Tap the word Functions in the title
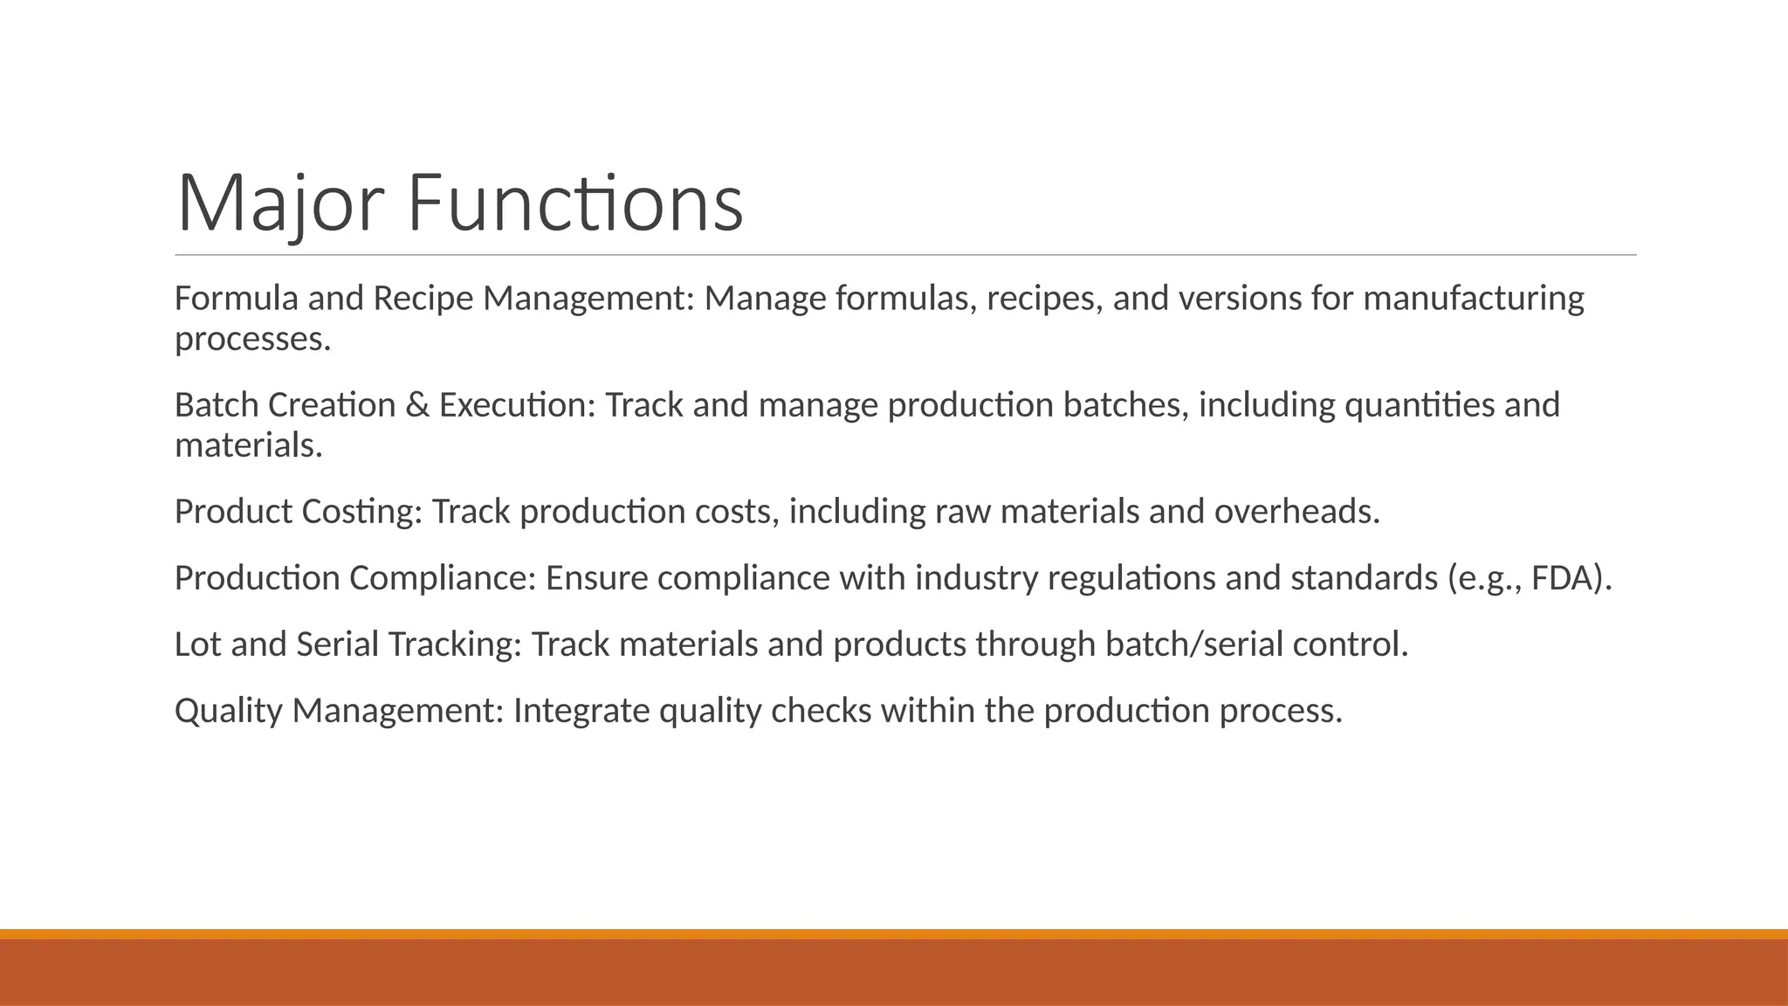(575, 203)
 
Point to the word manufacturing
(1473, 299)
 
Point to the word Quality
(228, 711)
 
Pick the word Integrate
(581, 711)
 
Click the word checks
(821, 711)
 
